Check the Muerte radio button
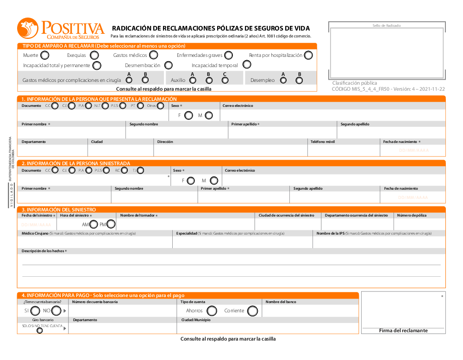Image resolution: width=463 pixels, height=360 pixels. tap(45, 56)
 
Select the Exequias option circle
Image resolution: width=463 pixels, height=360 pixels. tap(94, 56)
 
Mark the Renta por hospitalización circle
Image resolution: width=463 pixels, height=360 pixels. tap(308, 56)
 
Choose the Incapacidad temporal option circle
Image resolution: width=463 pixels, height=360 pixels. tap(247, 65)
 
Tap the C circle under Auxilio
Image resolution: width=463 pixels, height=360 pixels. tap(225, 81)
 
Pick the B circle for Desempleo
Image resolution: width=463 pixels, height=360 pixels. tap(299, 81)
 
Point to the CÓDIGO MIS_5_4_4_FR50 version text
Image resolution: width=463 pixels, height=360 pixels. tap(388, 89)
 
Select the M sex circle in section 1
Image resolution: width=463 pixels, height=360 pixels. tap(209, 116)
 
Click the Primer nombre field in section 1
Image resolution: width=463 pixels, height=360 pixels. tap(72, 133)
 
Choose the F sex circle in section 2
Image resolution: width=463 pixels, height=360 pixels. tap(190, 181)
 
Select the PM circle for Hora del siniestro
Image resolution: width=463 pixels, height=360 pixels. tap(111, 224)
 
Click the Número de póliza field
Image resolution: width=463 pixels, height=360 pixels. tap(419, 224)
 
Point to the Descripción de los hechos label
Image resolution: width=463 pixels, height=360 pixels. tap(44, 251)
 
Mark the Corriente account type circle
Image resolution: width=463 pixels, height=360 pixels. tap(252, 311)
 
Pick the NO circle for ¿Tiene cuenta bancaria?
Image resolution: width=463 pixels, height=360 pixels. tap(56, 311)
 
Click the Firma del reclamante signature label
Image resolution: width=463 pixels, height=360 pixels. tap(403, 330)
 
